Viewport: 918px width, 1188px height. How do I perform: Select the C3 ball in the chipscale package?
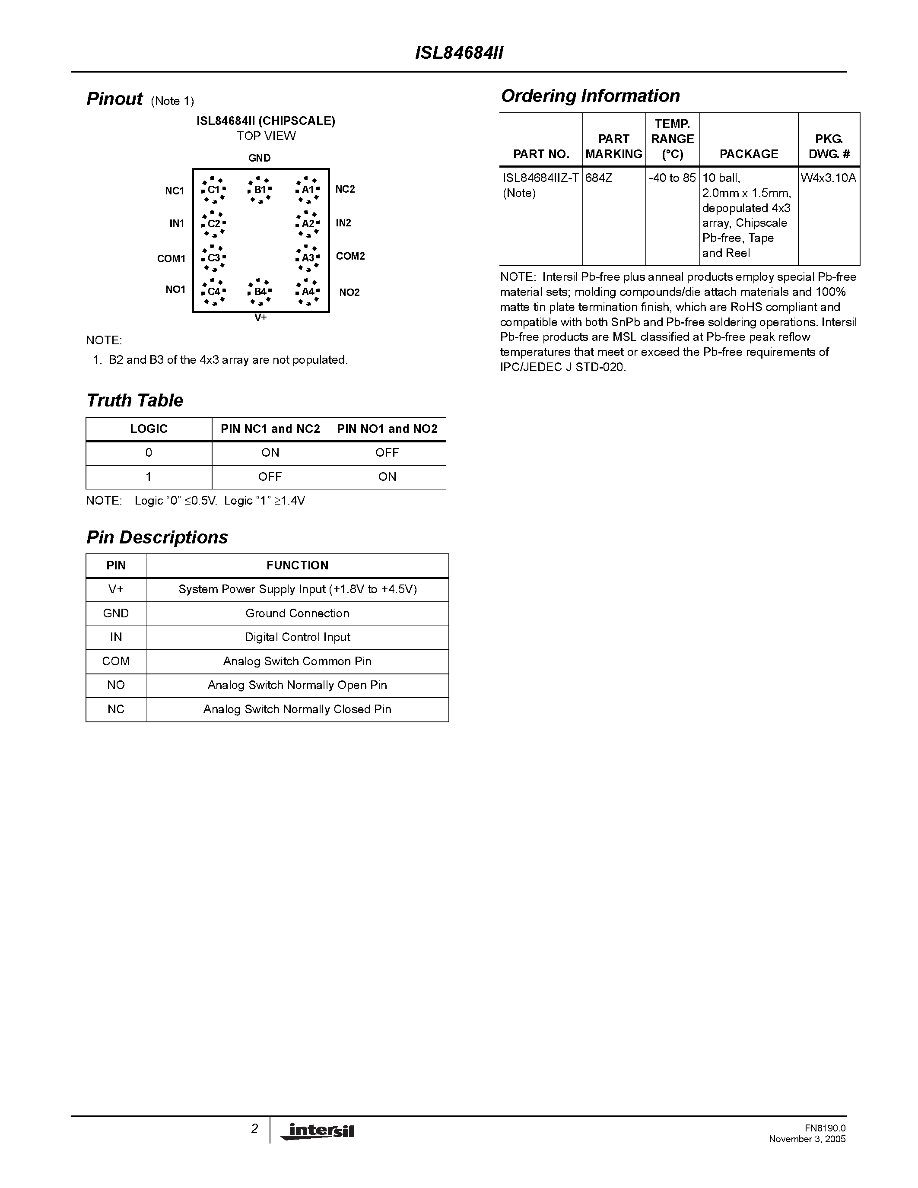pos(214,258)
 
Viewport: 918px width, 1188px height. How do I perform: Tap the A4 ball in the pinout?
pos(307,292)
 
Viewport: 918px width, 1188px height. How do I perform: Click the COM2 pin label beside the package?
pos(350,256)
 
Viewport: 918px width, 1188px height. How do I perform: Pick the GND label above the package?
pos(259,158)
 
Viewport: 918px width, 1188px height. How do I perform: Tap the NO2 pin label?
pos(349,292)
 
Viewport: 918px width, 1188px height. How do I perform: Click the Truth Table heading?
pos(134,400)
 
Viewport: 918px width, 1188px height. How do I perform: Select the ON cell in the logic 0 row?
pos(270,453)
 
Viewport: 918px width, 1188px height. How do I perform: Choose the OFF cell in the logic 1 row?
pos(270,477)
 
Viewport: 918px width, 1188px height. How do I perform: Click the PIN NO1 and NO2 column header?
pos(387,429)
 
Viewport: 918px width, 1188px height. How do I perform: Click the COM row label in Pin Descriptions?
pos(116,661)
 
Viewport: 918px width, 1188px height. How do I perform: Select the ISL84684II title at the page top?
pos(459,53)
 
